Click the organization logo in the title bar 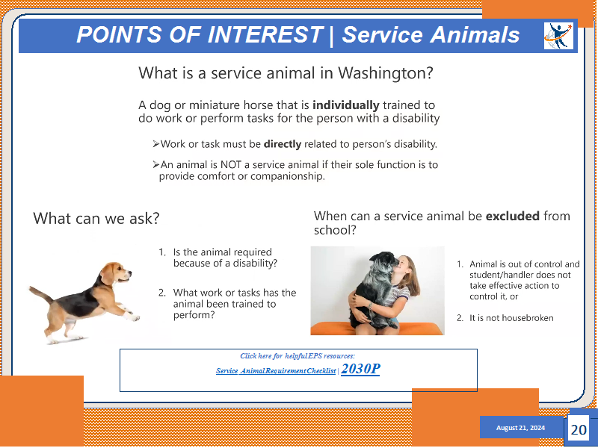[x=558, y=36]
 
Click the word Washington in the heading [x=386, y=72]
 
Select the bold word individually [x=346, y=105]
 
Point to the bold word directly [x=283, y=144]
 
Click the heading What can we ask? [x=96, y=218]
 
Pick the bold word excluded [x=513, y=216]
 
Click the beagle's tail [x=41, y=293]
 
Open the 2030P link [x=360, y=369]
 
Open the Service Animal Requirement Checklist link [x=276, y=370]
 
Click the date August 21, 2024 [x=520, y=428]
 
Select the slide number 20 [x=579, y=430]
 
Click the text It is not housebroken [x=511, y=318]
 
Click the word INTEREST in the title [x=265, y=34]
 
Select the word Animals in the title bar [x=475, y=34]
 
